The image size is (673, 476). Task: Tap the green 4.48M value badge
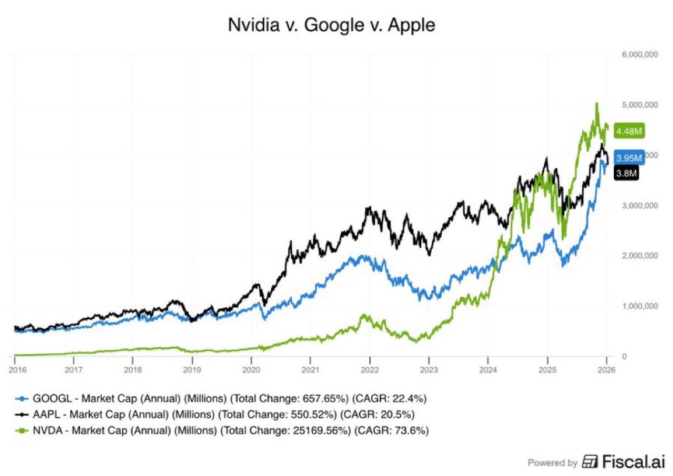(x=628, y=131)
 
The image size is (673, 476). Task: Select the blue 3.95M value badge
(x=628, y=158)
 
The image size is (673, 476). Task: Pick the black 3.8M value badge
(x=626, y=173)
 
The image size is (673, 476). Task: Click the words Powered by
(x=553, y=462)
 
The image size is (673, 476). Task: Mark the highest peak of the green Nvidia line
(x=596, y=103)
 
